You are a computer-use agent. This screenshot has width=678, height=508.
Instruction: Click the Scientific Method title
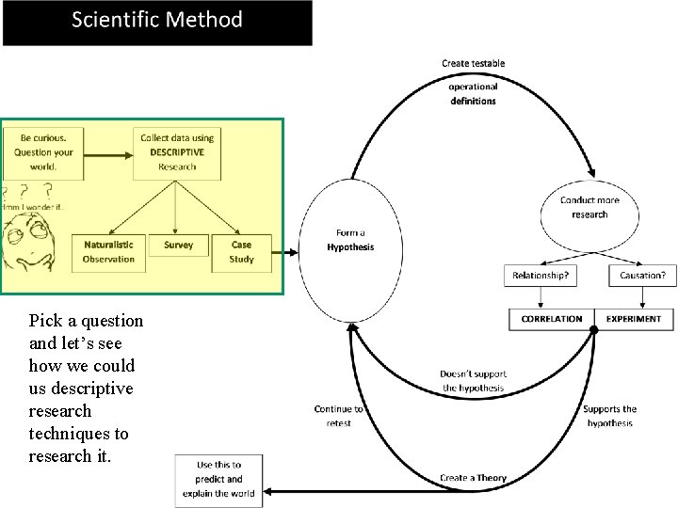(157, 21)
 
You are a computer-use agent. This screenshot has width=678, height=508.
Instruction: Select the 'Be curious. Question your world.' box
(42, 152)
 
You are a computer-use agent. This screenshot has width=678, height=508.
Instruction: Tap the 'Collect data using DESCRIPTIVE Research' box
(177, 152)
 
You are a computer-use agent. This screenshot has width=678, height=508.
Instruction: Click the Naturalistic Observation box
(108, 252)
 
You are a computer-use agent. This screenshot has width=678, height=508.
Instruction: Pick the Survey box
(178, 246)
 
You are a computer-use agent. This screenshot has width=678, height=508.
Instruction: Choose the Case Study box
(241, 252)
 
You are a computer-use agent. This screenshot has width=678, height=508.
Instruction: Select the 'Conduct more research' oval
(589, 208)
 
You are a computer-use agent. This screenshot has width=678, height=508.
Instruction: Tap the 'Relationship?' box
(541, 276)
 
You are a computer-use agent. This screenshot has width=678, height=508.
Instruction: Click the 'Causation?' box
(642, 276)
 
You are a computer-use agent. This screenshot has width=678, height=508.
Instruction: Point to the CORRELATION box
(552, 319)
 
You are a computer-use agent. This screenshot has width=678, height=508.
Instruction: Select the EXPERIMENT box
(634, 319)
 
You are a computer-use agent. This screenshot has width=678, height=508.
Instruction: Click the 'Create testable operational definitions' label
(473, 83)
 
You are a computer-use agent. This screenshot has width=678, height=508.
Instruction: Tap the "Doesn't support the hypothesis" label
(472, 381)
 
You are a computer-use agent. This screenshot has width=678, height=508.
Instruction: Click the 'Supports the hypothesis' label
(609, 416)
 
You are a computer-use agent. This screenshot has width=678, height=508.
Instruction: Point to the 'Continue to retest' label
(338, 416)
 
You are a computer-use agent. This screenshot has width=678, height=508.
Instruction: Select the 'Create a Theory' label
(473, 478)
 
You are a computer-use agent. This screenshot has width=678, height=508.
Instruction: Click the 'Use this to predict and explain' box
(218, 479)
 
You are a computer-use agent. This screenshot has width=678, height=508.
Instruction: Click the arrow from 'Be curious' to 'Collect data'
(106, 151)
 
